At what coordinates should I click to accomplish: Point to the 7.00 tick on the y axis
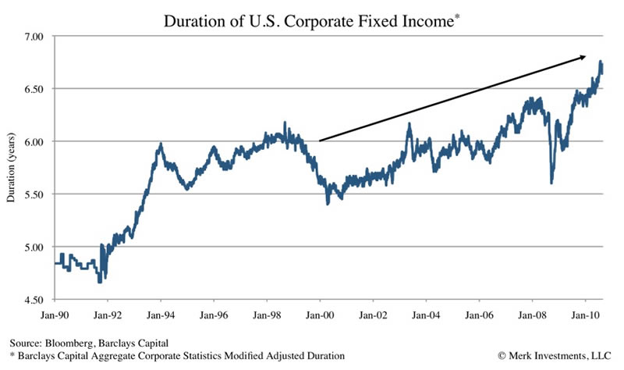tap(34, 36)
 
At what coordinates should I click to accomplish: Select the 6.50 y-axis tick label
tap(34, 89)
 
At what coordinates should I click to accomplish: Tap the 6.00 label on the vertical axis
tap(34, 141)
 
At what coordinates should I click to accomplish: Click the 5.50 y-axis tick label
tap(34, 194)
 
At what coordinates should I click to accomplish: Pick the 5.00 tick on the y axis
tap(34, 247)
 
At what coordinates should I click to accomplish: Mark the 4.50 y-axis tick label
tap(34, 300)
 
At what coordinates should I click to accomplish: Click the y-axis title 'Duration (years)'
tap(11, 169)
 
